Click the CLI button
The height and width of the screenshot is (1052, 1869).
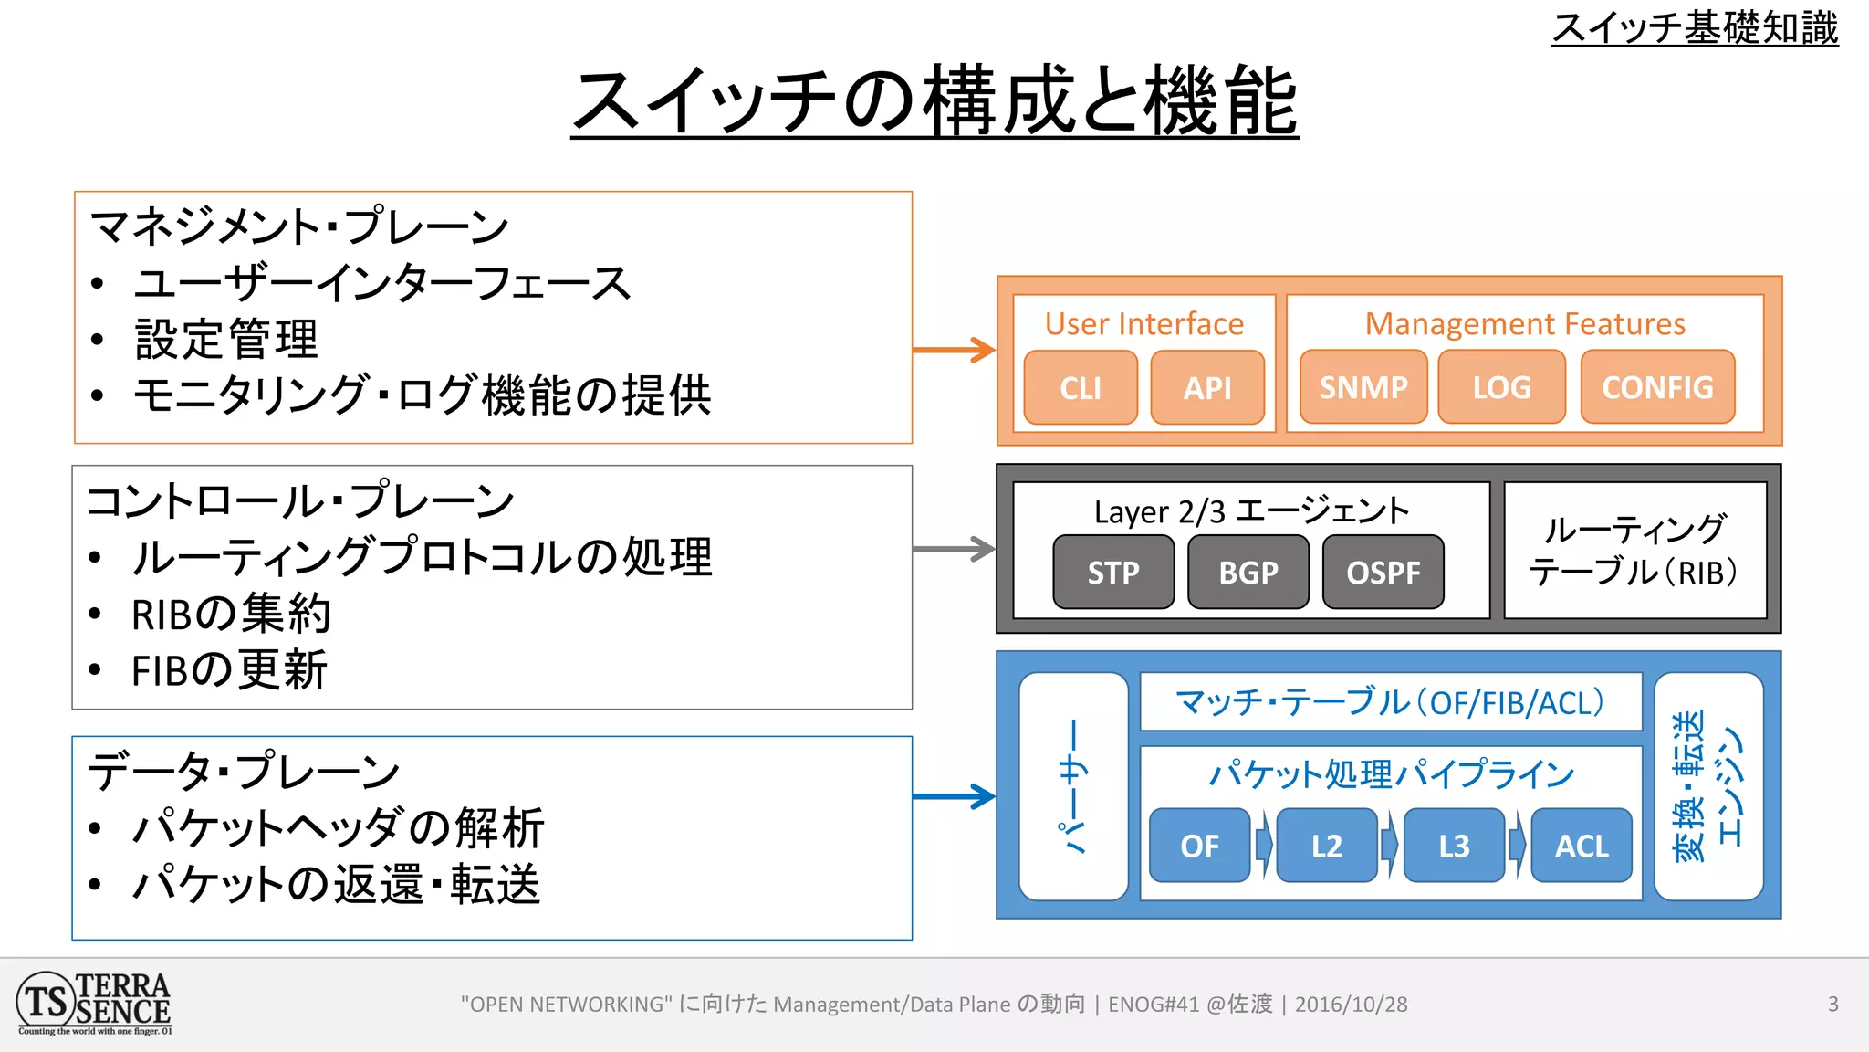[x=1081, y=387]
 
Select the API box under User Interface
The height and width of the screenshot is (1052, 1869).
[x=1207, y=387]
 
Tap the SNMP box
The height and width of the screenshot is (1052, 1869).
[x=1363, y=387]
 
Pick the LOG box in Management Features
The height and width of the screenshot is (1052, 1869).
[x=1501, y=387]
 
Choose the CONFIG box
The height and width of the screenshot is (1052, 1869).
[x=1657, y=387]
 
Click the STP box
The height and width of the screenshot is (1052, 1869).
[x=1113, y=573]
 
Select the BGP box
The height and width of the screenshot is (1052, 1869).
[x=1248, y=573]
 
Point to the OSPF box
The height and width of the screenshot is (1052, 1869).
[x=1383, y=573]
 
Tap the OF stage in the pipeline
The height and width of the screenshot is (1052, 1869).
[x=1199, y=846]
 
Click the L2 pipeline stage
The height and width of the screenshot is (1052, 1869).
[x=1326, y=846]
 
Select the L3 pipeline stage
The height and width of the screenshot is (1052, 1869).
[x=1454, y=846]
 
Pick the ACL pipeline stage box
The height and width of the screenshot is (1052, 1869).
[x=1582, y=846]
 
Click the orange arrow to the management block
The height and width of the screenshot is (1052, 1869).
[x=954, y=350]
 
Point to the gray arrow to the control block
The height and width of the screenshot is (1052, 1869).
[x=954, y=549]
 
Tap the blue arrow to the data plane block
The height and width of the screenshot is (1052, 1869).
[x=954, y=796]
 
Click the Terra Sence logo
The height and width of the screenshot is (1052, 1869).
[x=94, y=1004]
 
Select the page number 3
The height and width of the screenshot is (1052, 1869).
[x=1832, y=1005]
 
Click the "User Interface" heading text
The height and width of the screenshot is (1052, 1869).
[x=1143, y=324]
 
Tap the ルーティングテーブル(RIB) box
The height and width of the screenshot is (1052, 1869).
[x=1634, y=551]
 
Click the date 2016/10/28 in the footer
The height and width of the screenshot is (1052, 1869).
[x=1351, y=1005]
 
